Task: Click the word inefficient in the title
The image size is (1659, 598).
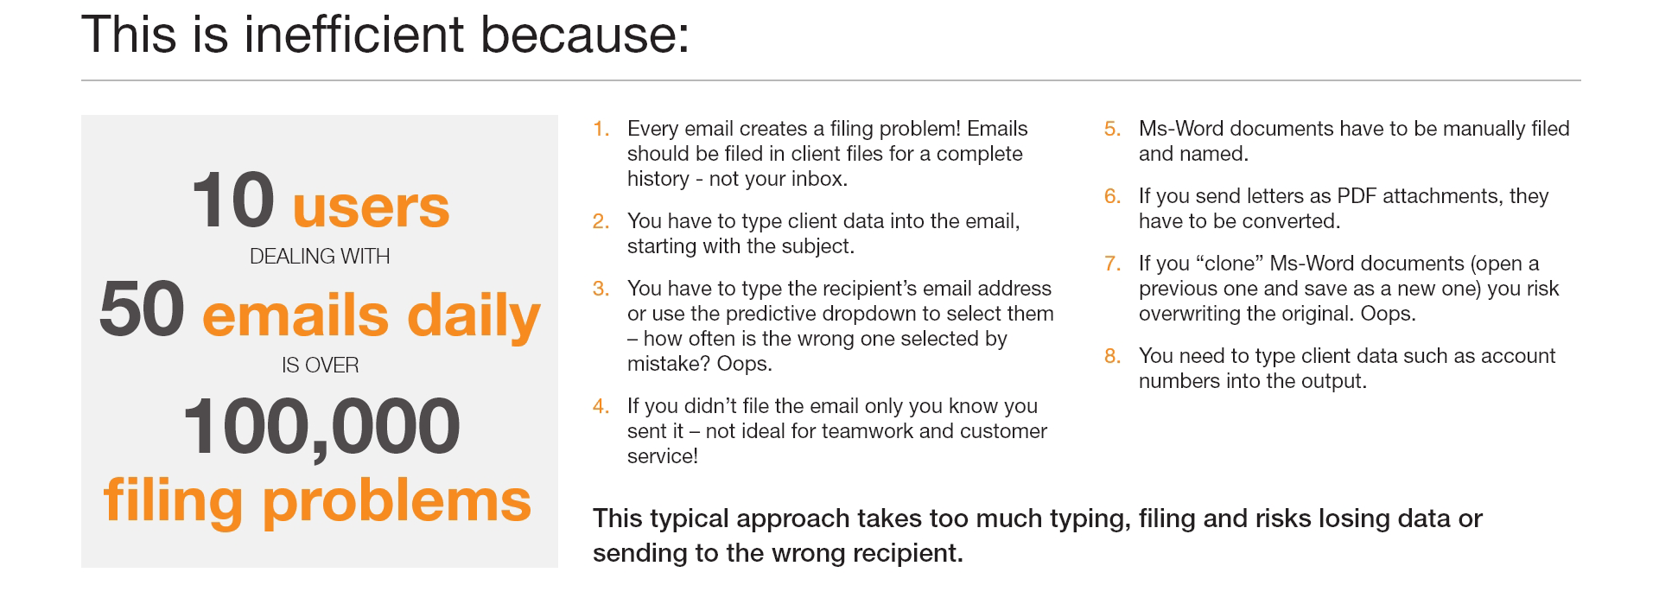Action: pyautogui.click(x=354, y=35)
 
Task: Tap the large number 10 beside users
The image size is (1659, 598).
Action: pyautogui.click(x=233, y=200)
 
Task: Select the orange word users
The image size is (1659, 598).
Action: pyautogui.click(x=372, y=207)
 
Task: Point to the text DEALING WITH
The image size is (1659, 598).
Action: pyautogui.click(x=320, y=257)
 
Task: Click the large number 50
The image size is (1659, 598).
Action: pyautogui.click(x=142, y=309)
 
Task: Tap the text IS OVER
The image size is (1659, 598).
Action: pyautogui.click(x=320, y=366)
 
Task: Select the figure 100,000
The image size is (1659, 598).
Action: pyautogui.click(x=321, y=426)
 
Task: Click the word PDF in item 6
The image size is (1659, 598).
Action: pyautogui.click(x=1357, y=196)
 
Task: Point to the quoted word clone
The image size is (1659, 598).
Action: pyautogui.click(x=1230, y=264)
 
